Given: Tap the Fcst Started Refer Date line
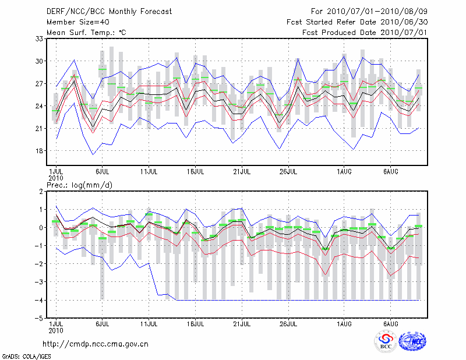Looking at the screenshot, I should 362,22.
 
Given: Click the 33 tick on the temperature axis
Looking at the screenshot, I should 40,38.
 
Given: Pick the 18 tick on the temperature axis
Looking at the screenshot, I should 40,150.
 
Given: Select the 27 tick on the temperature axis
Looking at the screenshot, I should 40,83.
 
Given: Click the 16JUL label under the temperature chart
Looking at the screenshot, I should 196,172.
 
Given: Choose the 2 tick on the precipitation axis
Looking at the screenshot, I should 41,191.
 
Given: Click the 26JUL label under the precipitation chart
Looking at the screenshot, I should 290,324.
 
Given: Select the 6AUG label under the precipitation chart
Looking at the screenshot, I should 391,324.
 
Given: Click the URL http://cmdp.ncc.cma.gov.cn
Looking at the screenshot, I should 96,344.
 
